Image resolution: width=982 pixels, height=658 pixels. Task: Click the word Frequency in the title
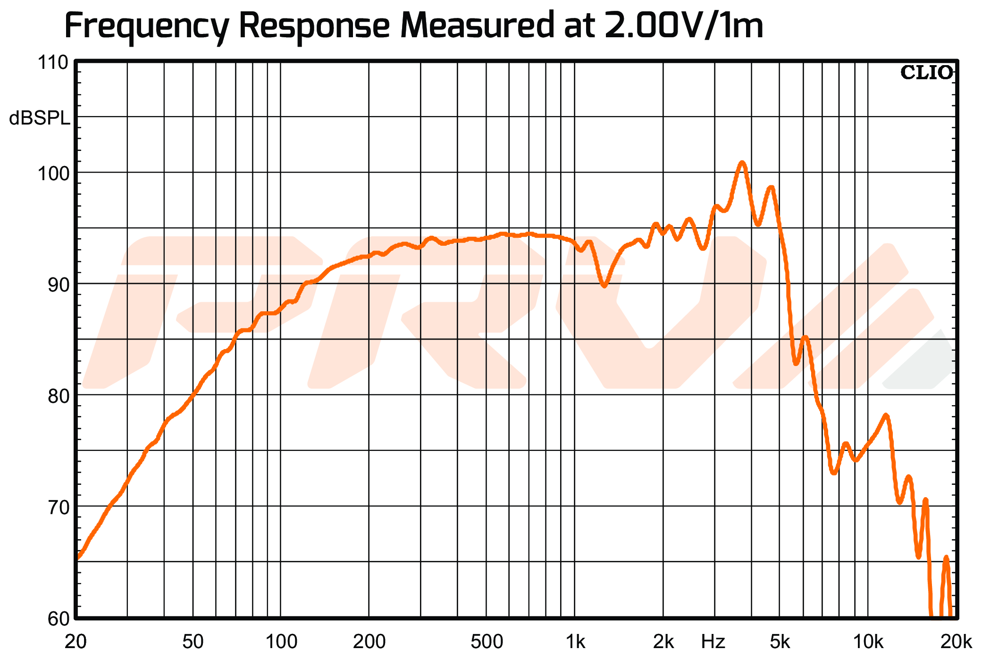[146, 26]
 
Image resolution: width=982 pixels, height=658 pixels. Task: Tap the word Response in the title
[314, 26]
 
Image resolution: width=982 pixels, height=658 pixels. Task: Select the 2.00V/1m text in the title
[683, 26]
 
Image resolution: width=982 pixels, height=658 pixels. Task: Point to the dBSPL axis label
[40, 118]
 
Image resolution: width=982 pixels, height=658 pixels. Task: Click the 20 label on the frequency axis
[76, 642]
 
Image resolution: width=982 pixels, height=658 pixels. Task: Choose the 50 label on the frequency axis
[193, 642]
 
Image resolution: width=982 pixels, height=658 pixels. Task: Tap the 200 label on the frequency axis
[369, 642]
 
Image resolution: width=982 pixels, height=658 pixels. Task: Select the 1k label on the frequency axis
[575, 642]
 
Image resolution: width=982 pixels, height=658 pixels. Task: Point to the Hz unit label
[713, 642]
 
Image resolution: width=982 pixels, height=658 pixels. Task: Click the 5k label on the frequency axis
[780, 642]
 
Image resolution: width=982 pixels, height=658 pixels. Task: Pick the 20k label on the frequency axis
[956, 642]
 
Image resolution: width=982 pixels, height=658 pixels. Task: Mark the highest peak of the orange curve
[742, 163]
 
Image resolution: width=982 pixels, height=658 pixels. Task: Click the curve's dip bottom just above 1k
[604, 285]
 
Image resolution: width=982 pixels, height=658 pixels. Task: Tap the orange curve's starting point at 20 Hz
[78, 558]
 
